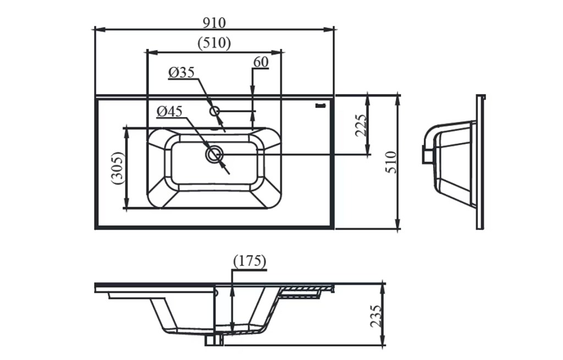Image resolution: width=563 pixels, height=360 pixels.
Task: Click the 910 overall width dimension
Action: coord(214,23)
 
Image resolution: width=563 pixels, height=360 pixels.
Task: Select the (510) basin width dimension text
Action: coord(214,43)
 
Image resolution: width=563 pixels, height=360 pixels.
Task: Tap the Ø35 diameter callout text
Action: coord(181,73)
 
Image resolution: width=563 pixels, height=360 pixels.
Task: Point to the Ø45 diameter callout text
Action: coord(169,112)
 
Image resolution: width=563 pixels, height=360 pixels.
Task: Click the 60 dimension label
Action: coord(261,62)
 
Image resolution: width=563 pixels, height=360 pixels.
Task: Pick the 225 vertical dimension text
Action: coord(361,126)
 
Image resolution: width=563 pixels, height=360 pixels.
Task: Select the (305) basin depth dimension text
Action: coord(117,168)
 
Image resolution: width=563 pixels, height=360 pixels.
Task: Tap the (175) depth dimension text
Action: coord(250,261)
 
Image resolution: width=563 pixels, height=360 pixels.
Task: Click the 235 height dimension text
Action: coord(376,316)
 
